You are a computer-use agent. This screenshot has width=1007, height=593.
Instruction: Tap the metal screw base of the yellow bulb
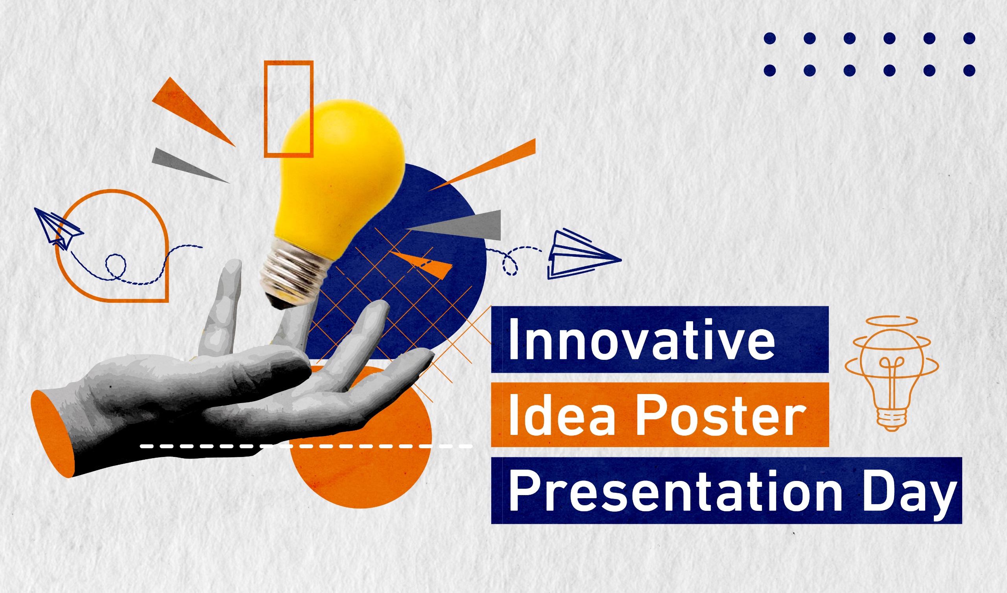[x=294, y=276]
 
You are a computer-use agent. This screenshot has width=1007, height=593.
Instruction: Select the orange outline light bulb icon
[x=891, y=374]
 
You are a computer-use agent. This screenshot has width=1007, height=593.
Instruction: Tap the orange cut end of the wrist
[x=53, y=434]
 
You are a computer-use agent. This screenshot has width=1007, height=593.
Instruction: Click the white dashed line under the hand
[x=306, y=446]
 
